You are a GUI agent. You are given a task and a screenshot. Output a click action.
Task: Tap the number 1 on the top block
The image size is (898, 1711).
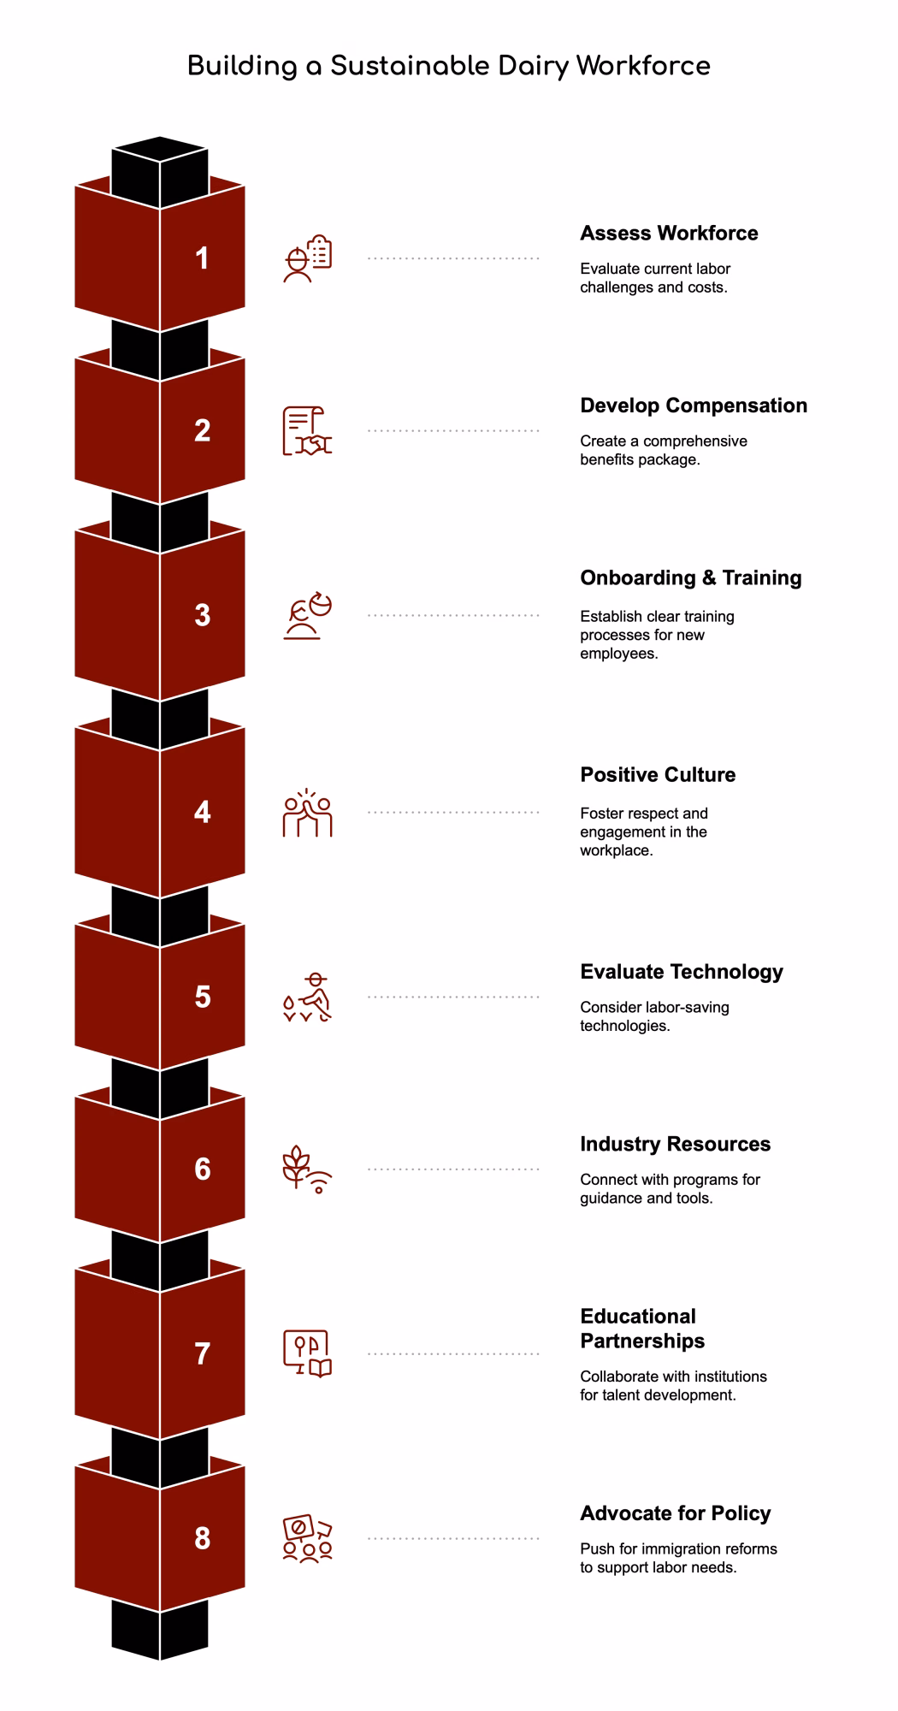(x=202, y=258)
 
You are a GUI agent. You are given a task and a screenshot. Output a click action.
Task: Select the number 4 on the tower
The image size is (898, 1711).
(x=202, y=812)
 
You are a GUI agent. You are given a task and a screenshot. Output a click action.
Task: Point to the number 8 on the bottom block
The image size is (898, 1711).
(x=202, y=1538)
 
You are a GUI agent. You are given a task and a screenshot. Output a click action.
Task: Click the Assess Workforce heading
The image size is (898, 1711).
(x=669, y=234)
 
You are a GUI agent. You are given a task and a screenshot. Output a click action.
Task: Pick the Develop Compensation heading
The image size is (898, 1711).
(x=694, y=406)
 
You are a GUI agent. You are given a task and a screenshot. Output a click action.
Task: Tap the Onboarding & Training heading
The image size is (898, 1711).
(x=691, y=578)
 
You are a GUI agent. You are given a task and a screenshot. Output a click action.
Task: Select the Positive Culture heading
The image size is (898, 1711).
(x=658, y=775)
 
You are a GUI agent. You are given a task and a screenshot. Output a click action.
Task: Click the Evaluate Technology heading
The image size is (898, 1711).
(x=682, y=972)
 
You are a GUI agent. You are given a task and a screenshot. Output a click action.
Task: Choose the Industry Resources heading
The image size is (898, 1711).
(x=675, y=1145)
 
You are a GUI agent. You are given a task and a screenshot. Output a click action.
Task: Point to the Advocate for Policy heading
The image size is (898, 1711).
(x=676, y=1513)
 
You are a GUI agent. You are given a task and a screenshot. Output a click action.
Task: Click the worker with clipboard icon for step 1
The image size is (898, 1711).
(x=307, y=258)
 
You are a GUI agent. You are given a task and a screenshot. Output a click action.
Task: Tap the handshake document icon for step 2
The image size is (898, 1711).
(x=307, y=430)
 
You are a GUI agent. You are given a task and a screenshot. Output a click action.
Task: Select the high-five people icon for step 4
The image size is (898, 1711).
(x=307, y=813)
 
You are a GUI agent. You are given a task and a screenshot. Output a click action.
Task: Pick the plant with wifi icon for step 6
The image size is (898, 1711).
(x=307, y=1169)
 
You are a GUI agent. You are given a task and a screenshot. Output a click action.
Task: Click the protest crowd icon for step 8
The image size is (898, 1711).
(x=307, y=1539)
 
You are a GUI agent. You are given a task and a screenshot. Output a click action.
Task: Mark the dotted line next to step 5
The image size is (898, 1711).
(x=453, y=997)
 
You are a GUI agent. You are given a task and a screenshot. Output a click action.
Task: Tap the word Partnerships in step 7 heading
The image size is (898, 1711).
(x=642, y=1341)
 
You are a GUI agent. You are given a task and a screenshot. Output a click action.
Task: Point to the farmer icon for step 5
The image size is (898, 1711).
(x=307, y=998)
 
